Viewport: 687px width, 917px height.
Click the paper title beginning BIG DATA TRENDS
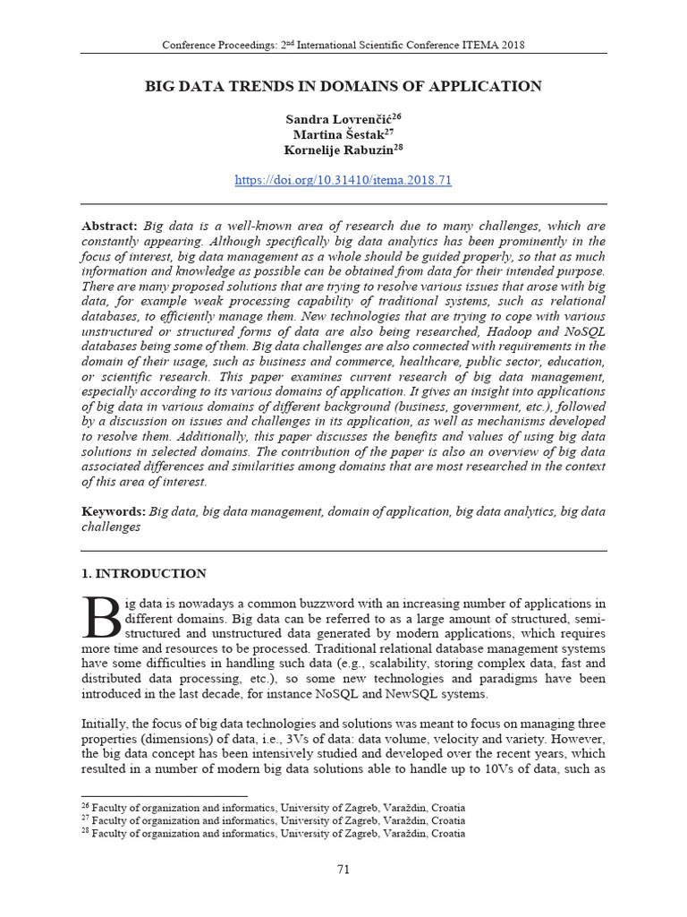tap(343, 87)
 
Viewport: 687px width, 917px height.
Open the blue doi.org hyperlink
tap(343, 180)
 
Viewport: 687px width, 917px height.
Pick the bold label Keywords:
tap(114, 511)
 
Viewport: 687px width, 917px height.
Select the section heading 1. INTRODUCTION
tap(144, 574)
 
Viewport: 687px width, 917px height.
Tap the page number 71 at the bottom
tap(343, 870)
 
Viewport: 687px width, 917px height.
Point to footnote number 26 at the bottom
tap(86, 806)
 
